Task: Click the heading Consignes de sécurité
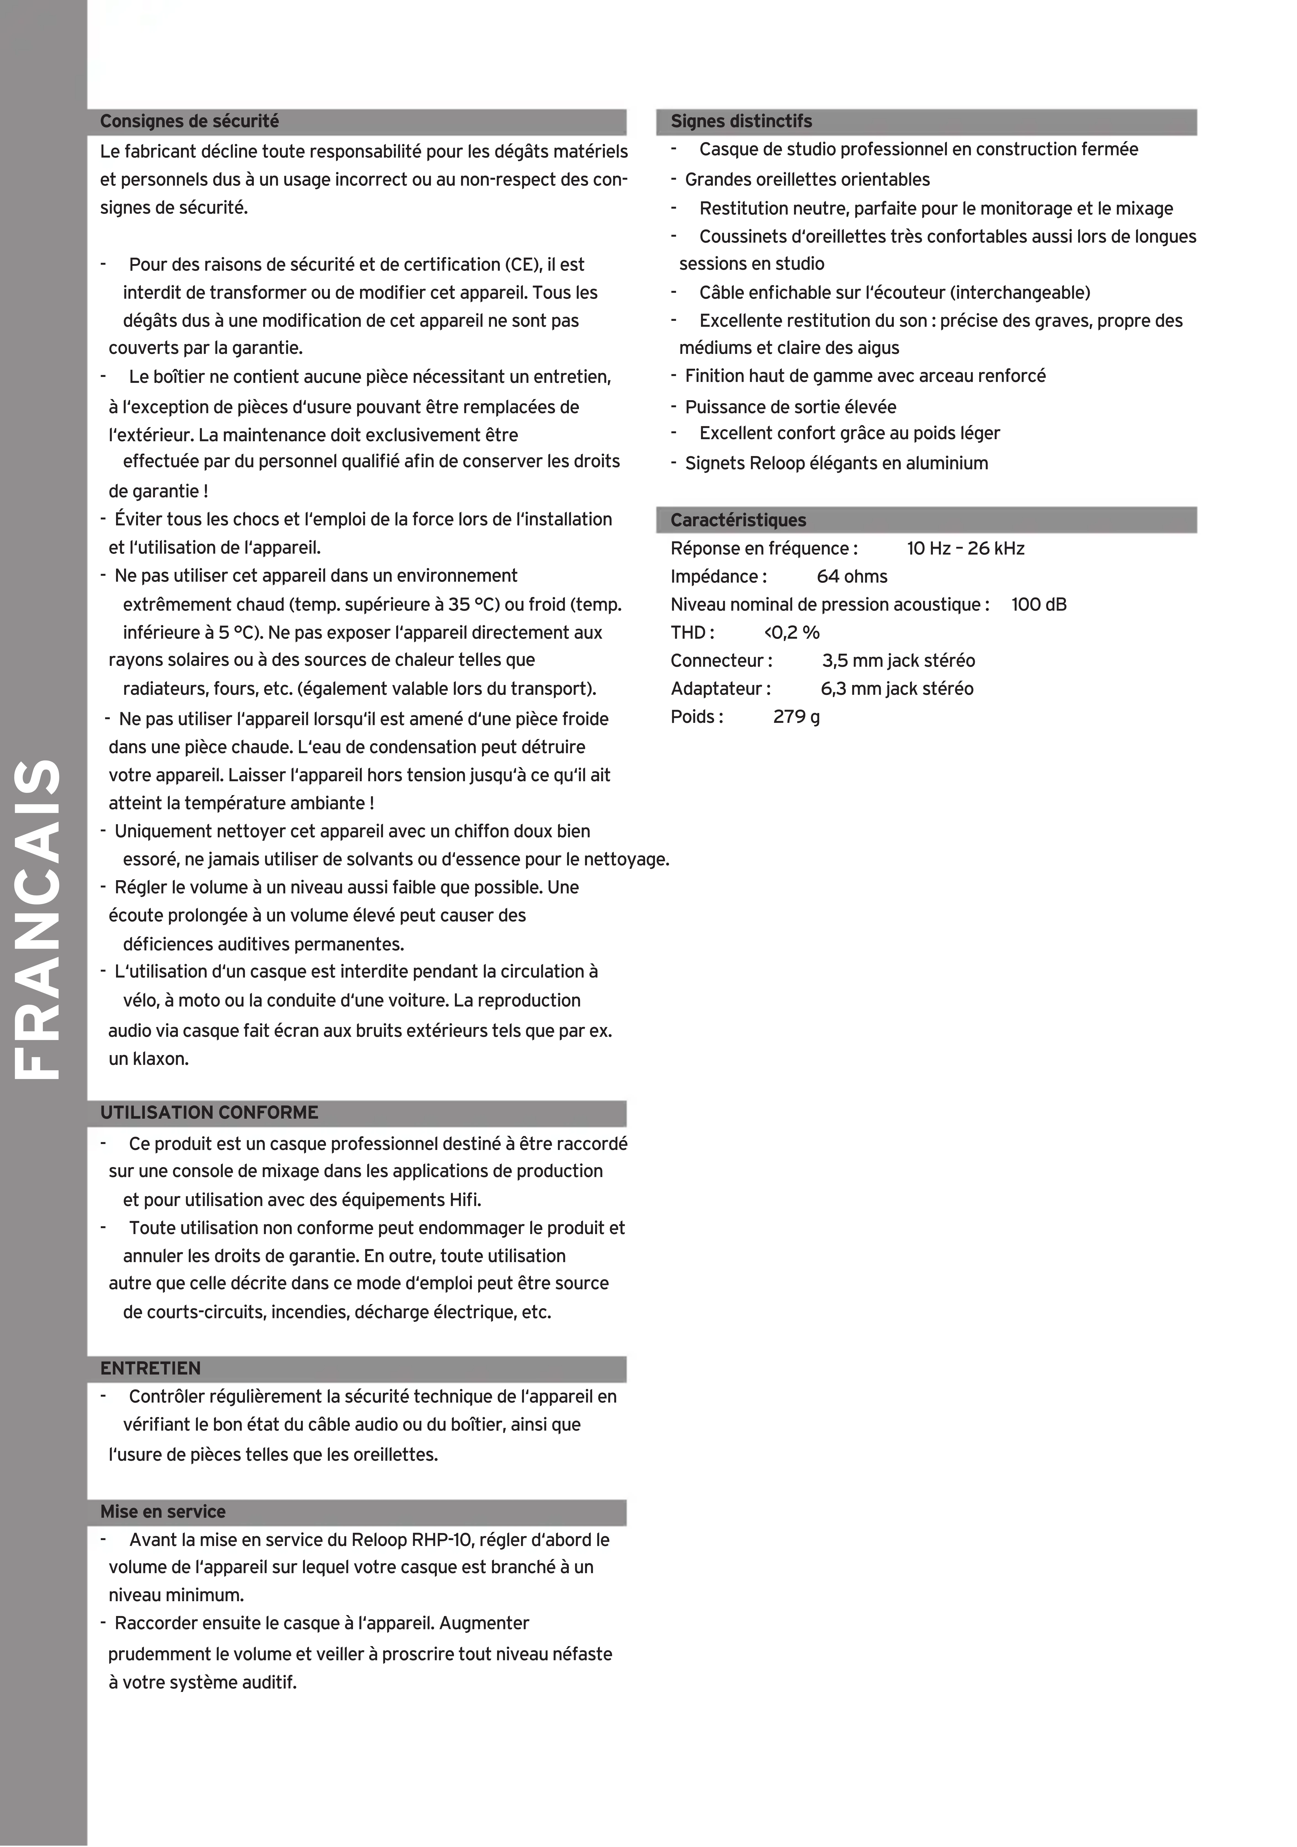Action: pyautogui.click(x=189, y=122)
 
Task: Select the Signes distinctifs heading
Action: pyautogui.click(x=741, y=122)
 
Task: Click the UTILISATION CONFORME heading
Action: pyautogui.click(x=209, y=1113)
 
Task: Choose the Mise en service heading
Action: pyautogui.click(x=163, y=1512)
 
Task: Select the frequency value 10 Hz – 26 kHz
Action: pyautogui.click(x=965, y=549)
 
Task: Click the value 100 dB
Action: pyautogui.click(x=1039, y=605)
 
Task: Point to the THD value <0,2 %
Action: pyautogui.click(x=792, y=633)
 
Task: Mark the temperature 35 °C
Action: pyautogui.click(x=472, y=604)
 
